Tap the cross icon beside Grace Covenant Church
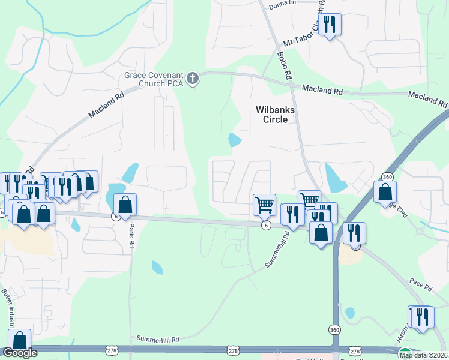click(193, 79)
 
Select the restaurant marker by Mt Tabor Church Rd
click(329, 25)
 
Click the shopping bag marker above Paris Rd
click(125, 205)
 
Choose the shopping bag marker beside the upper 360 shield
click(385, 193)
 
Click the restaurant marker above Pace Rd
click(355, 233)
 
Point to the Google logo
click(20, 353)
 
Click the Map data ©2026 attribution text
click(424, 355)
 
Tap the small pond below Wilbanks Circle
click(234, 140)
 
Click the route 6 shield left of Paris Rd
click(115, 217)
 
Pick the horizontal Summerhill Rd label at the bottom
click(158, 340)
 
